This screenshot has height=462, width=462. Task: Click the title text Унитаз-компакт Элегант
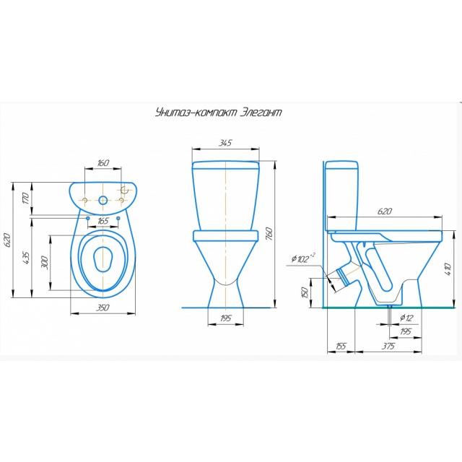coord(218,113)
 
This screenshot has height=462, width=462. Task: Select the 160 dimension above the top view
coord(103,162)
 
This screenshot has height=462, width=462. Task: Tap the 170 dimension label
coord(26,199)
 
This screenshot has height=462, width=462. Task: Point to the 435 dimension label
coord(26,258)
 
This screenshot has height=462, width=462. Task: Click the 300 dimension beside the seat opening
coord(45,263)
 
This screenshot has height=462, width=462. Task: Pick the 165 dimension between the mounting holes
coord(103,221)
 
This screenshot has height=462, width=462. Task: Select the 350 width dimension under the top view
coord(103,308)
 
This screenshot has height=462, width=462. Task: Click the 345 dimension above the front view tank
coord(225,143)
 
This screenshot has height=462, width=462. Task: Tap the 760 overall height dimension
coord(269,233)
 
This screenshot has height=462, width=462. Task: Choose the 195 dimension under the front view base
coord(226,318)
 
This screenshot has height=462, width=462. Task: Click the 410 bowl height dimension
coord(448,269)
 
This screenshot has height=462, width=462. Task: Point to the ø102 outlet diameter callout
coord(303,258)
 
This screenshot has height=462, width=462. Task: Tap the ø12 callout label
coord(406,318)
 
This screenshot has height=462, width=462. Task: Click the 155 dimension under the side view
coord(341,346)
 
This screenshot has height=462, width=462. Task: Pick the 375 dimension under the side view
coord(388,346)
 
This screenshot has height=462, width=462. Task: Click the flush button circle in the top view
coord(103,201)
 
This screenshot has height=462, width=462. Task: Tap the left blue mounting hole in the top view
coord(88,218)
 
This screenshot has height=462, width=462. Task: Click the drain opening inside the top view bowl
coord(103,258)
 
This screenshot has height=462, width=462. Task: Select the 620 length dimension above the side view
coord(385,212)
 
